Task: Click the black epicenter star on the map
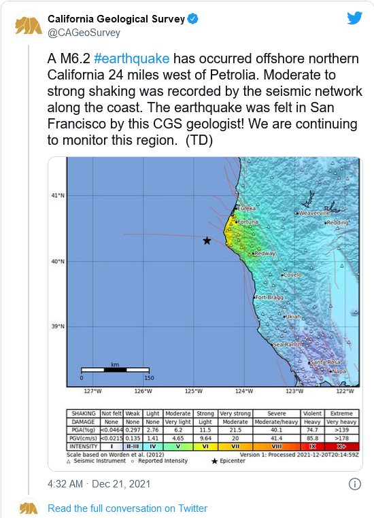coord(207,241)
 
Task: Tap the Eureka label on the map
coord(246,208)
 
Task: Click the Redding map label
coord(337,222)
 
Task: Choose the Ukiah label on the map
coord(292,317)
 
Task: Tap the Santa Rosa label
coord(324,362)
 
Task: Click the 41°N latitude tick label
coord(58,196)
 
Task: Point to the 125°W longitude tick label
coord(194,391)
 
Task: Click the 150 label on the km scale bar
coord(148,378)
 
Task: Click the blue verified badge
coord(193,19)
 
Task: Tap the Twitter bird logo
coord(354,18)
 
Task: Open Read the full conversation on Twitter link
coord(127,508)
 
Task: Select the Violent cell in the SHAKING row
coord(313,413)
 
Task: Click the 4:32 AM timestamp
coord(65,484)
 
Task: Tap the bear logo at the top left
coord(28,24)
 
